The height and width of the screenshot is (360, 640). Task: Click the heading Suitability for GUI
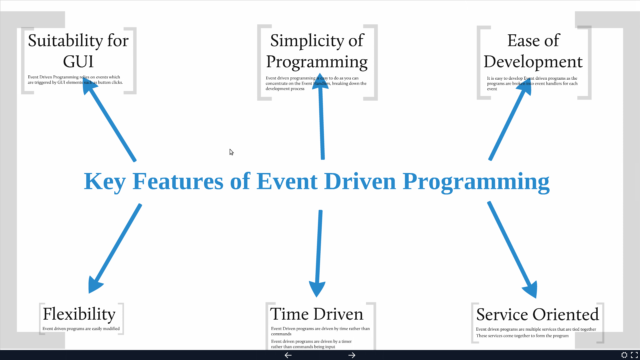click(78, 51)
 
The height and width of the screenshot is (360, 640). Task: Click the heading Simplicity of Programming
click(317, 51)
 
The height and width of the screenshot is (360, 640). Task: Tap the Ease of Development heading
click(533, 51)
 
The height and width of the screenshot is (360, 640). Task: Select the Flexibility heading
click(79, 314)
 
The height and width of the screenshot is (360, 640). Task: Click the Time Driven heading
click(316, 314)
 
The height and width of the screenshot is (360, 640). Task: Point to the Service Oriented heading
click(537, 314)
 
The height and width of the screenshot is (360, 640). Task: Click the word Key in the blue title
click(104, 182)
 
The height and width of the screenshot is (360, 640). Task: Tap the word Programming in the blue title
click(476, 182)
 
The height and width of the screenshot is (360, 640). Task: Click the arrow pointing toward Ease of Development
click(508, 123)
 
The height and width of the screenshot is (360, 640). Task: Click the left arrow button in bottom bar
click(288, 355)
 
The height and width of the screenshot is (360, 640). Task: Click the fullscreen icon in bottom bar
click(634, 355)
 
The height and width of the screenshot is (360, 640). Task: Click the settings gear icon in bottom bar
click(624, 355)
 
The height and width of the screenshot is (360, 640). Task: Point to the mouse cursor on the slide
click(231, 152)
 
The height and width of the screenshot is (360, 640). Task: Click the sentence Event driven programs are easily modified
click(81, 329)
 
